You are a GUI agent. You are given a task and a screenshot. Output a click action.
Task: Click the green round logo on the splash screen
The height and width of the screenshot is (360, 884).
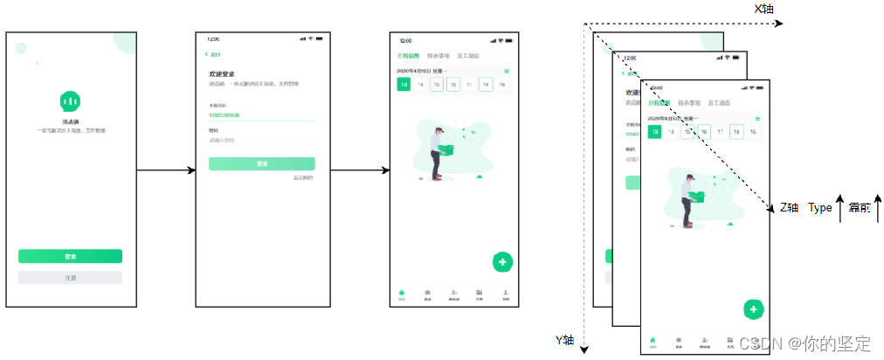coord(70,100)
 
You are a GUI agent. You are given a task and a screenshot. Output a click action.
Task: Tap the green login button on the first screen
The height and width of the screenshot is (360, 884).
coord(70,256)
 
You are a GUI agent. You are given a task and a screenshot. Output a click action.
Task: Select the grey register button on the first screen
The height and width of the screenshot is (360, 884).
coord(70,278)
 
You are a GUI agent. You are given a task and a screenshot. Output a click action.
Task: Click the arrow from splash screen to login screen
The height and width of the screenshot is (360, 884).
coord(166,170)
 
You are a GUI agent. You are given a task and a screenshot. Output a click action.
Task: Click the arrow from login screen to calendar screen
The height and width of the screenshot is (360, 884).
coord(359,170)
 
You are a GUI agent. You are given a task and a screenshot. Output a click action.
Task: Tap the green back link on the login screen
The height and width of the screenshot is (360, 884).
coord(212,54)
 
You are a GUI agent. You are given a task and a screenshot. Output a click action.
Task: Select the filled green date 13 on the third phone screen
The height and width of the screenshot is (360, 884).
coord(404,85)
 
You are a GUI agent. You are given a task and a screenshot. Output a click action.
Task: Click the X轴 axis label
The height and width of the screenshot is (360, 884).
coord(764,9)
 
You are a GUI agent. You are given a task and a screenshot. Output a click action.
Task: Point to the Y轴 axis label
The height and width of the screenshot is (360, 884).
coord(565,339)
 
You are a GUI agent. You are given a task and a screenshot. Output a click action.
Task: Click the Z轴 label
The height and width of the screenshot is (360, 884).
coord(790,208)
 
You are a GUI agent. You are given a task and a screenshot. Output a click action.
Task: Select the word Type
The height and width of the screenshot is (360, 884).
coord(819,208)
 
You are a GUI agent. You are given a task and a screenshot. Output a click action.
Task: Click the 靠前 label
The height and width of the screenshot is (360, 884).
coord(860,208)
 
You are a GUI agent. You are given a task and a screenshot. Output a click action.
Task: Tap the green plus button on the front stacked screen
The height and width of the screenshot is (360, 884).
coord(754,309)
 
